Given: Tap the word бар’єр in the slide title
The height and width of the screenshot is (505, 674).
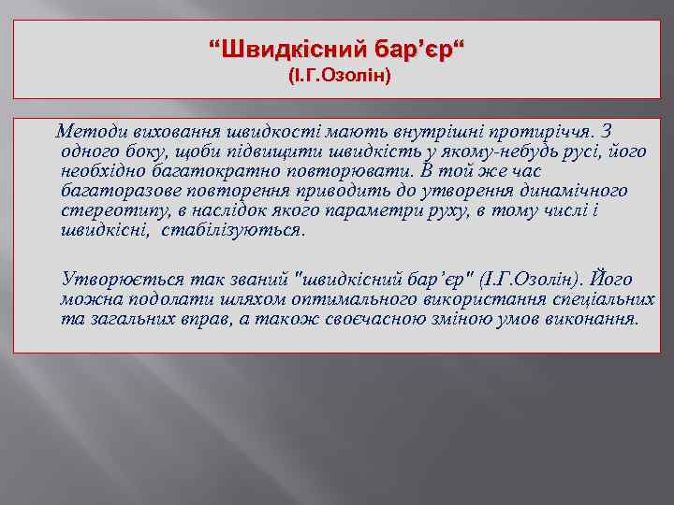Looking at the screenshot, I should pos(414,47).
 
